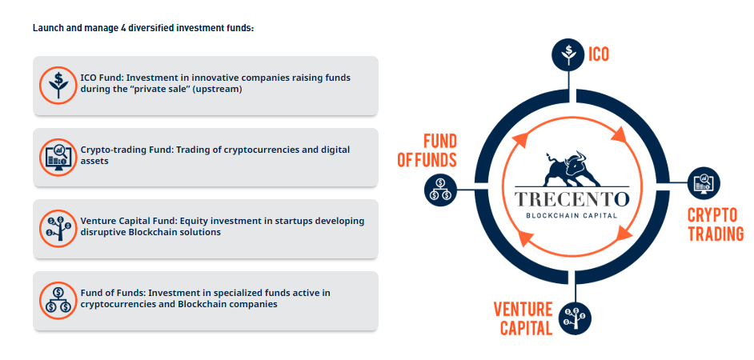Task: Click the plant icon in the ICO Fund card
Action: tap(58, 85)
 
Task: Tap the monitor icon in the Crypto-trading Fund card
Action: tap(58, 157)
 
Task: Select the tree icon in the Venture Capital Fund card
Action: tap(58, 229)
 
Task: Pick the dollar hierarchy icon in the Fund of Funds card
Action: tap(58, 301)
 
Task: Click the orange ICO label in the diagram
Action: tap(599, 54)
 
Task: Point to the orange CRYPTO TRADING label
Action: tap(716, 224)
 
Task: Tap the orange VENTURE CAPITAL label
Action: tap(523, 318)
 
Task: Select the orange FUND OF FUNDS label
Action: tap(427, 150)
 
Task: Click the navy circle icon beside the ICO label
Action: tap(568, 54)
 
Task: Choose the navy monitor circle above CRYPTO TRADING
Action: tap(704, 182)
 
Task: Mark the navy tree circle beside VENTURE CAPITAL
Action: tap(576, 318)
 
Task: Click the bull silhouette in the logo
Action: tap(572, 168)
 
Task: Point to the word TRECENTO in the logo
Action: tap(572, 198)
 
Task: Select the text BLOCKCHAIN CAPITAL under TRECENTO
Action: tap(572, 215)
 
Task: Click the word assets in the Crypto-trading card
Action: tap(94, 162)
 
